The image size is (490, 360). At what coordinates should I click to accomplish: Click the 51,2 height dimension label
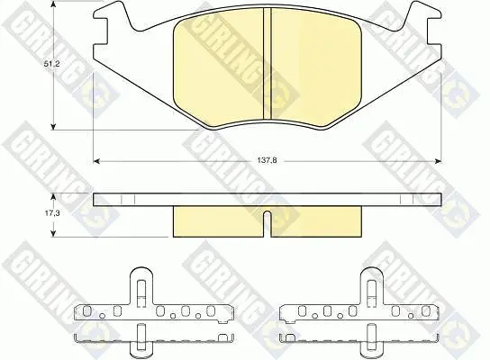point(51,64)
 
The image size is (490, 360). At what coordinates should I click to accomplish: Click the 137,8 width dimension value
point(268,161)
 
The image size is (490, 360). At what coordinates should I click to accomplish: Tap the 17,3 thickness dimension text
point(51,213)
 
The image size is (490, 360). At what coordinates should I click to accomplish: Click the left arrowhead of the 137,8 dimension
point(97,161)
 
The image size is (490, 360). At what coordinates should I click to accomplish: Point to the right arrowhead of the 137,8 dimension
point(438,161)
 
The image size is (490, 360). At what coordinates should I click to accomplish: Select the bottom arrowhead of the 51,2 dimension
point(54,127)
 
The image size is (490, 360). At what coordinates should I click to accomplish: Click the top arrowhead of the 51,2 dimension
point(54,3)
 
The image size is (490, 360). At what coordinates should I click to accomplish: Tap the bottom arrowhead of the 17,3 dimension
point(54,233)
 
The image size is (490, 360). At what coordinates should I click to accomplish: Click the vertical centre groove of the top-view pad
point(268,64)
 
